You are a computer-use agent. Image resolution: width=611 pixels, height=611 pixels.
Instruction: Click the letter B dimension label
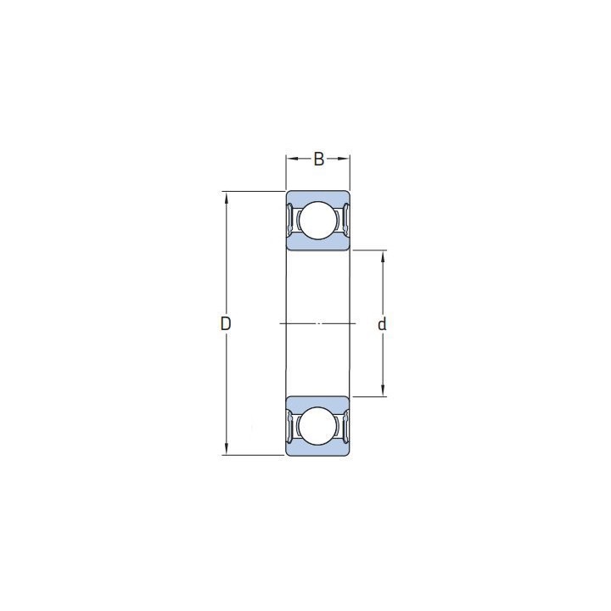[x=319, y=159]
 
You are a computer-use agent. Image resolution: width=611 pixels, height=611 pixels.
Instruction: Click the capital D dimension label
[x=226, y=323]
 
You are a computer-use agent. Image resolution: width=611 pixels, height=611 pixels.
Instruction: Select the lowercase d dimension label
[x=382, y=324]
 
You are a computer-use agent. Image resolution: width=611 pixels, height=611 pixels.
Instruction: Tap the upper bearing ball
[x=318, y=220]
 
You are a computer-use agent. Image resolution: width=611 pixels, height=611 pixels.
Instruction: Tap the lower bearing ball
[x=318, y=426]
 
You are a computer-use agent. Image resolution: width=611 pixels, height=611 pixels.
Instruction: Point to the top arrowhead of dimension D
[x=226, y=197]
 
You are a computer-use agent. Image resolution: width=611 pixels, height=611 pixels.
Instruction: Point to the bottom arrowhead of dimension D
[x=226, y=449]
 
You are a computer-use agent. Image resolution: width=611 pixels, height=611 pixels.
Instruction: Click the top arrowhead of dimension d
[x=383, y=256]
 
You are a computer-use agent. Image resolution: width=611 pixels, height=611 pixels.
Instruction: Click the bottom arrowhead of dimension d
[x=383, y=391]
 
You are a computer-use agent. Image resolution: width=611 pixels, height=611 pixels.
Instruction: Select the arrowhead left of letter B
[x=292, y=159]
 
